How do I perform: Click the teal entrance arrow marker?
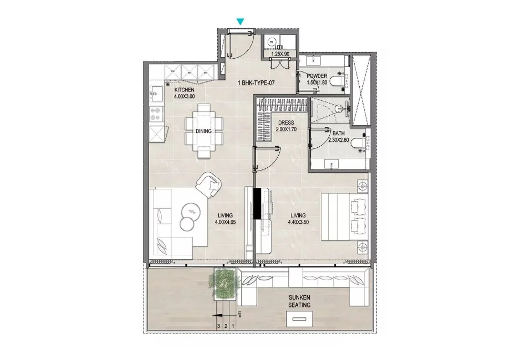(x=239, y=22)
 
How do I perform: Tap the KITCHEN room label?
(x=184, y=90)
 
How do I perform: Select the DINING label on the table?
(x=205, y=131)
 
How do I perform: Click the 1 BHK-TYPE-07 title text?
(x=257, y=83)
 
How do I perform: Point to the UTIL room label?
(x=281, y=48)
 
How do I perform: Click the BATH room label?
(x=339, y=133)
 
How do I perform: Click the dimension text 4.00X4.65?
(x=225, y=223)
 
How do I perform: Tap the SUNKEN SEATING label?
(x=299, y=301)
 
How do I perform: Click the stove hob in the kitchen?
(x=156, y=114)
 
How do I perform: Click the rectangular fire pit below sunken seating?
(x=298, y=320)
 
